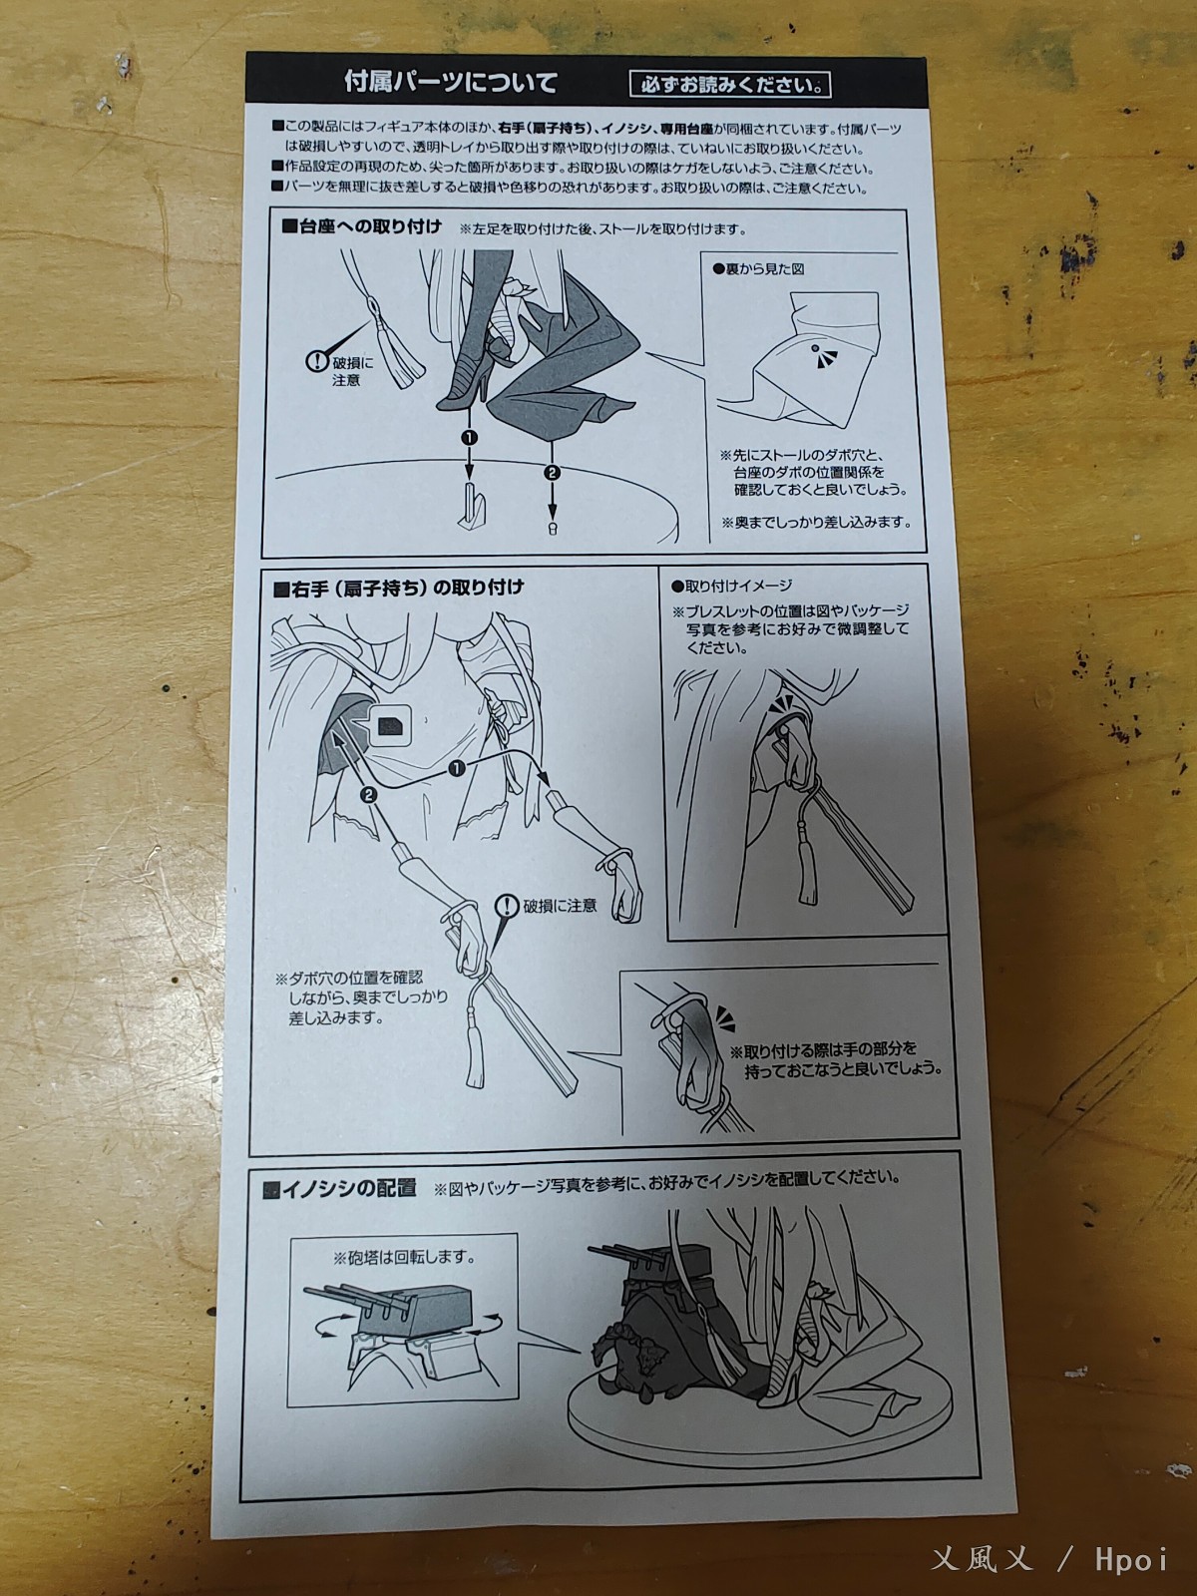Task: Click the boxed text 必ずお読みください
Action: coord(729,84)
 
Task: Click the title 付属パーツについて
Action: coord(450,82)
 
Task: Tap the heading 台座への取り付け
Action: coord(361,226)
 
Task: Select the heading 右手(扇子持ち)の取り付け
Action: coord(397,588)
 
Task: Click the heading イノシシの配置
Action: coord(339,1188)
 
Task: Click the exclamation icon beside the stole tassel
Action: coord(318,361)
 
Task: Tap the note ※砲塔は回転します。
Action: coord(403,1258)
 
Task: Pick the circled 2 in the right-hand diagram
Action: coord(368,794)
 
